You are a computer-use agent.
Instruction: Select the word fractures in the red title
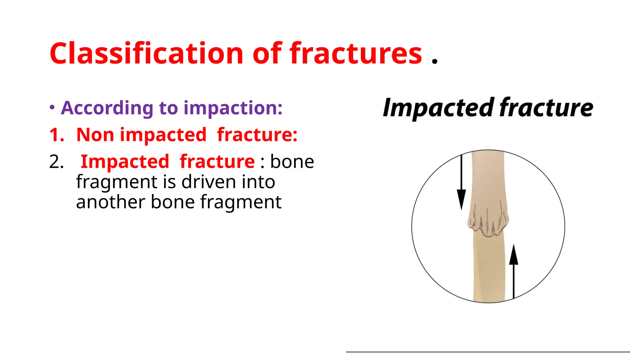(356, 54)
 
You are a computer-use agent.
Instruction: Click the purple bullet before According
(52, 107)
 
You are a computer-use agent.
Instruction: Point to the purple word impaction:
(233, 108)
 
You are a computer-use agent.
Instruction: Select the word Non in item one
(95, 135)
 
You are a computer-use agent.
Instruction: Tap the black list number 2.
(57, 162)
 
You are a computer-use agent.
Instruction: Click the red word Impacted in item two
(125, 162)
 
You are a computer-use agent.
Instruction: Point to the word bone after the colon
(292, 162)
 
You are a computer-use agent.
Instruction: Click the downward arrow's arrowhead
(461, 199)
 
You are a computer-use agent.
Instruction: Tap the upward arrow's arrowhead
(513, 255)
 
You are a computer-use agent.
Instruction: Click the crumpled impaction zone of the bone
(488, 220)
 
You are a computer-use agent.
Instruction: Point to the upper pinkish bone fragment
(487, 178)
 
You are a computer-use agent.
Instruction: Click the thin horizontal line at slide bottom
(487, 352)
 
